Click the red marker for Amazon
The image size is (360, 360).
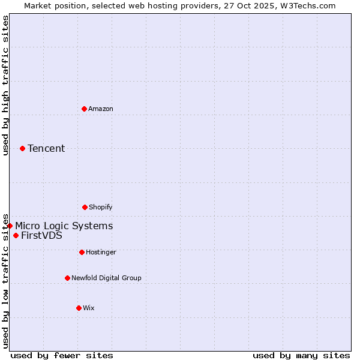tap(84, 109)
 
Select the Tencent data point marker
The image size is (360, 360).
tap(22, 148)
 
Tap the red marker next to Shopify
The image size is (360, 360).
tap(85, 207)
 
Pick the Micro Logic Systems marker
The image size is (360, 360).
tap(10, 226)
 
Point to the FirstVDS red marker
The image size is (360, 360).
tap(16, 235)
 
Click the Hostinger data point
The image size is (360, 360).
tap(82, 252)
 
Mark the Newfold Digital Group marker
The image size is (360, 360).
tap(67, 278)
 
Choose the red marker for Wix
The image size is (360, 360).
tap(79, 308)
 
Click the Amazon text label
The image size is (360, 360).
tap(101, 109)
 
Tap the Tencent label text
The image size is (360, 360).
tap(46, 148)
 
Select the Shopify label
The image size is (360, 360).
tap(101, 207)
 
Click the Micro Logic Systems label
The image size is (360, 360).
tap(64, 226)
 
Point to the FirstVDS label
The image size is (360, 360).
tap(41, 235)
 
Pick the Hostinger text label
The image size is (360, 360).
tap(101, 252)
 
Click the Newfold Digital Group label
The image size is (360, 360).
tap(106, 278)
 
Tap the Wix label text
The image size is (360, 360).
tap(89, 308)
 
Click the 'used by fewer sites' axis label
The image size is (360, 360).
tap(62, 355)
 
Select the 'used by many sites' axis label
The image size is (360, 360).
tap(301, 355)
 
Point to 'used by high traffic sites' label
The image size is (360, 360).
tap(5, 85)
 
